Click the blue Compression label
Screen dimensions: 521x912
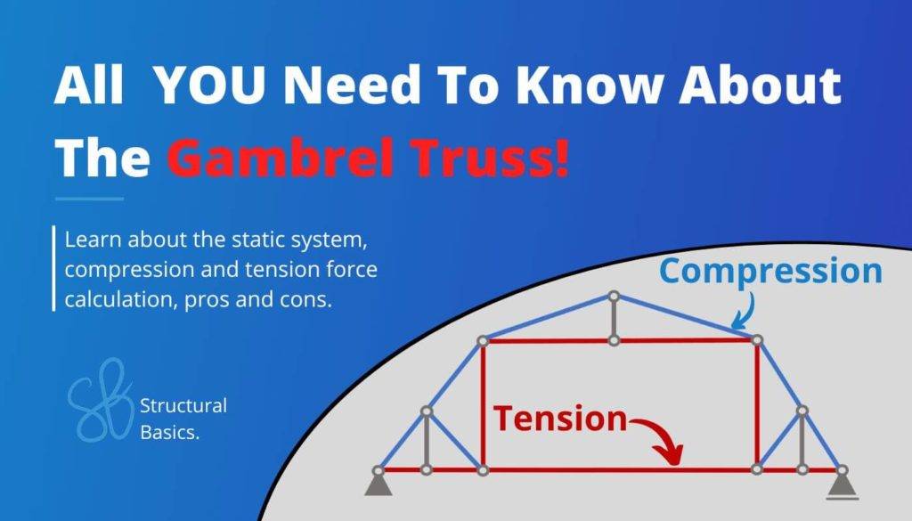pyautogui.click(x=771, y=271)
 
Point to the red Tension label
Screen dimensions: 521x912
pyautogui.click(x=560, y=418)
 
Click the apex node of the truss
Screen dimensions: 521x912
pyautogui.click(x=613, y=296)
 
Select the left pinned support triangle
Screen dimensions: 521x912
pyautogui.click(x=378, y=483)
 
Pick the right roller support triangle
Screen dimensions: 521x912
pyautogui.click(x=839, y=484)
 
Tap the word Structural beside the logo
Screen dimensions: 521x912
pyautogui.click(x=183, y=406)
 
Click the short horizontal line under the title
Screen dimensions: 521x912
pyautogui.click(x=89, y=199)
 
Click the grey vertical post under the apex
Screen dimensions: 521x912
pyautogui.click(x=613, y=318)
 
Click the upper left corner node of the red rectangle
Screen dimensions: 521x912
pyautogui.click(x=482, y=340)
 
